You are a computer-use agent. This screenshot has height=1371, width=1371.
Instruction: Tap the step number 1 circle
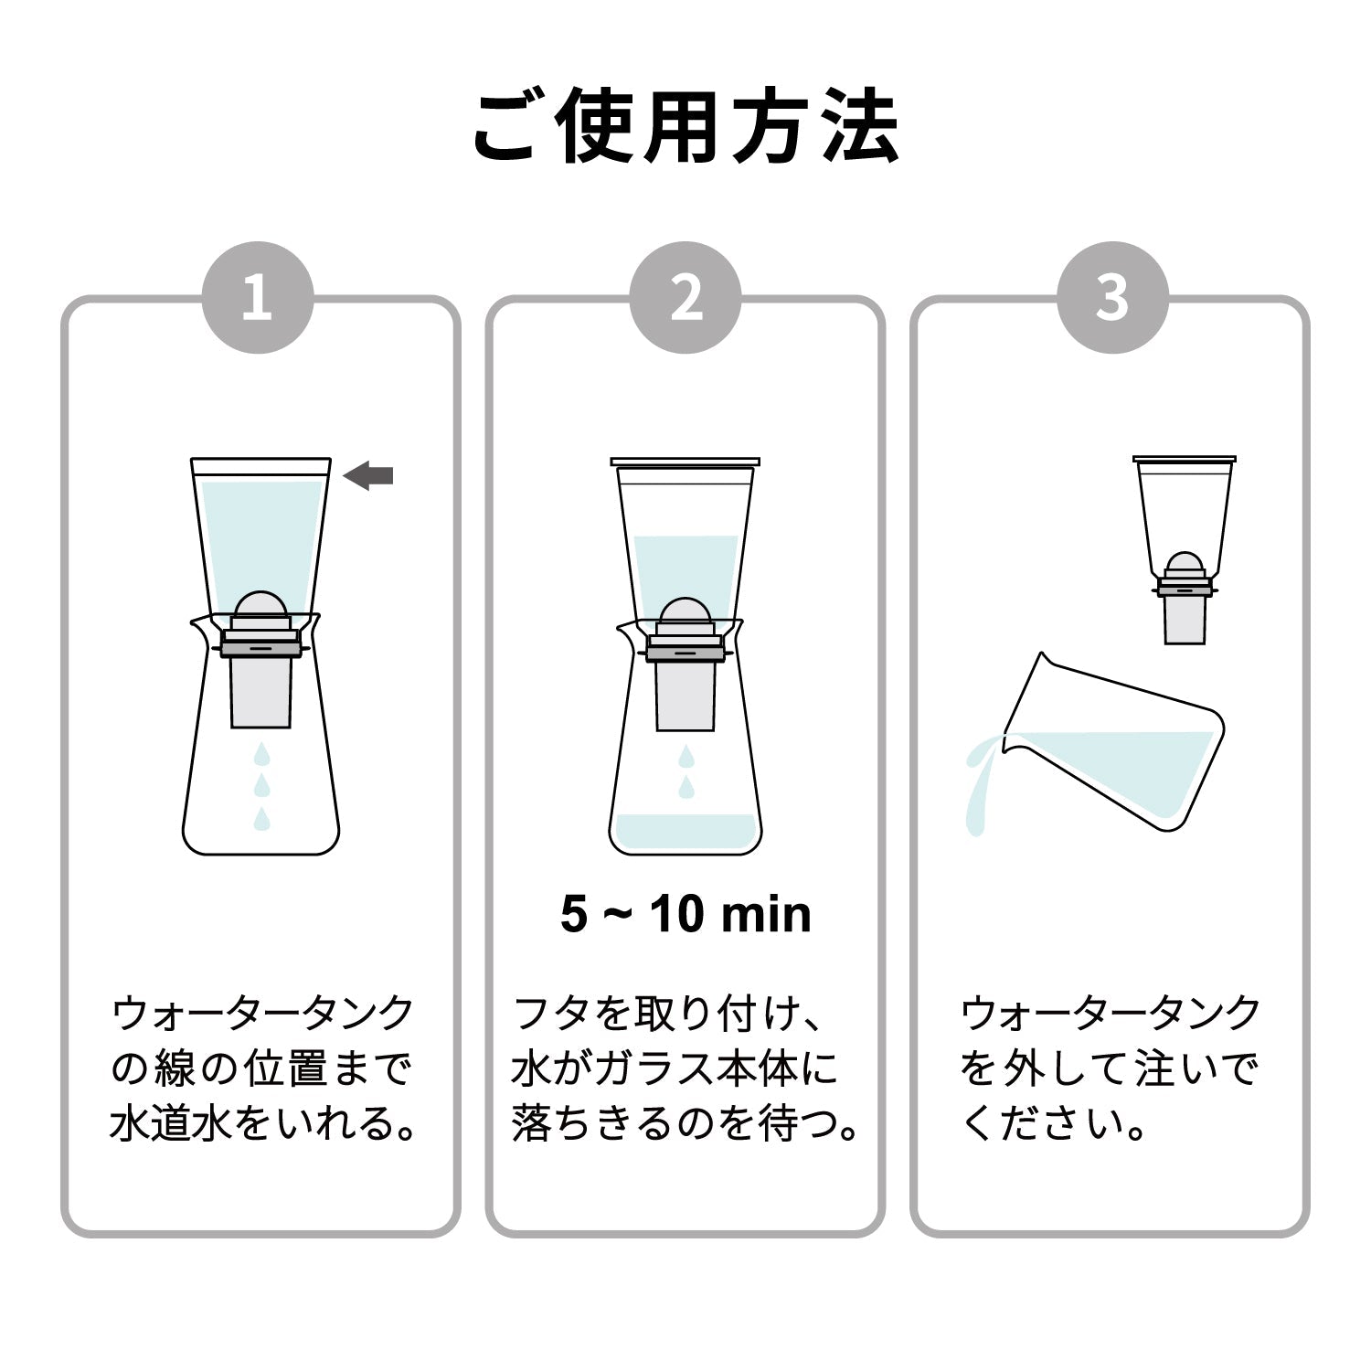[258, 297]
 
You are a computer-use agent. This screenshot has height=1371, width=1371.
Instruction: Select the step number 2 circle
[685, 297]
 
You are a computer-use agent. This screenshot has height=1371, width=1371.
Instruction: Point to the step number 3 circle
[1112, 297]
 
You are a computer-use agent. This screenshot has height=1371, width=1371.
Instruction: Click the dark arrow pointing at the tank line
[368, 475]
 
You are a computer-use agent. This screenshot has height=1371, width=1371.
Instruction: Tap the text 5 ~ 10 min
[685, 914]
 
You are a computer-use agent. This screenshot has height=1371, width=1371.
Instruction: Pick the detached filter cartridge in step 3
[1185, 598]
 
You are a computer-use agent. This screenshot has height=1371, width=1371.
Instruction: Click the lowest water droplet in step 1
[262, 818]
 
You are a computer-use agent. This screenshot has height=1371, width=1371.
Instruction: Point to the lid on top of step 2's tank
[685, 462]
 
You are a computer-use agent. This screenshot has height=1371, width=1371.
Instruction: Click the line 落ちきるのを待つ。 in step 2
[685, 1124]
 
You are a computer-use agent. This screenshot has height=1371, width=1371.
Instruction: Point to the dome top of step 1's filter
[260, 603]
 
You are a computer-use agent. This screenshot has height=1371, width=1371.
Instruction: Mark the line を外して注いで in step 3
[1110, 1068]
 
